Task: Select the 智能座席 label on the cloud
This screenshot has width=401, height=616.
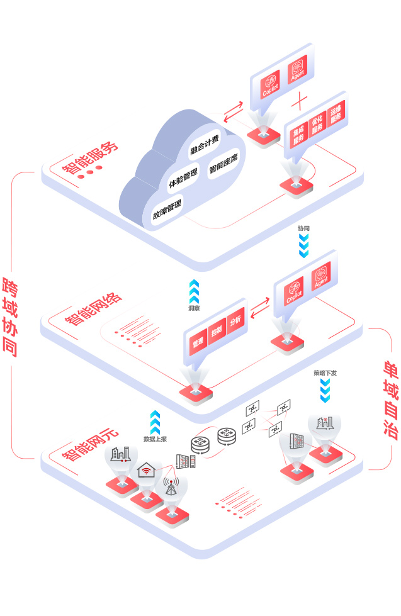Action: pos(223,165)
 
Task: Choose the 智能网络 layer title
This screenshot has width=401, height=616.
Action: pos(93,309)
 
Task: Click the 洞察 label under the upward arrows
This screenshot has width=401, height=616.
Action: pos(194,309)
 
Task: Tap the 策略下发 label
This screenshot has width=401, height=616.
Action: pos(325,372)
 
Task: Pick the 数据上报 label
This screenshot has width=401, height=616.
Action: pos(155,439)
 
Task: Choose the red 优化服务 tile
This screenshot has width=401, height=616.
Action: pos(317,123)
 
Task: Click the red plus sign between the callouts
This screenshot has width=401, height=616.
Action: pos(300,100)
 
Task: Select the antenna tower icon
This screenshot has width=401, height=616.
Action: pos(170,486)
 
